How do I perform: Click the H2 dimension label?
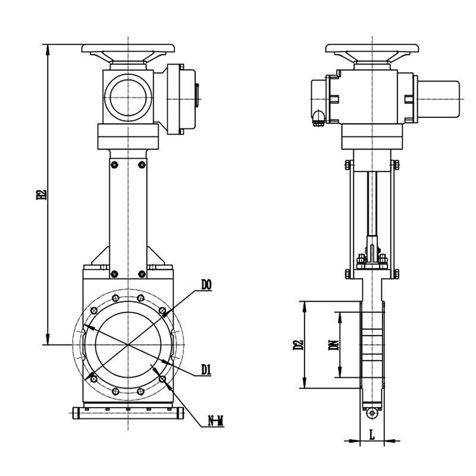pos(41,195)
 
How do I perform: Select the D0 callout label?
pos(206,285)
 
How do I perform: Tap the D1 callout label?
pos(206,369)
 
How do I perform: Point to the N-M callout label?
pos(215,421)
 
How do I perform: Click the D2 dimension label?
pos(298,345)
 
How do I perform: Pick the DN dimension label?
pos(334,345)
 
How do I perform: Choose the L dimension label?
pos(372,435)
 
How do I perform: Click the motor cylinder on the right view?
pos(439,99)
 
